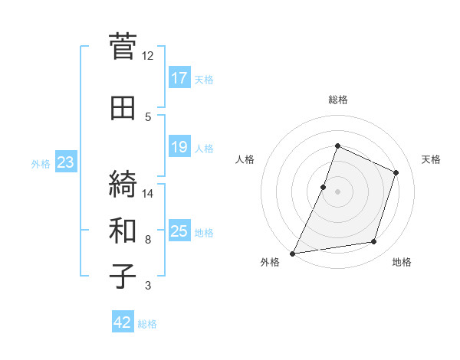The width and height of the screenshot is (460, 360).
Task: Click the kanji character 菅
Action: pyautogui.click(x=123, y=48)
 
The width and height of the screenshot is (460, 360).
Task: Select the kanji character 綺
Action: pyautogui.click(x=123, y=185)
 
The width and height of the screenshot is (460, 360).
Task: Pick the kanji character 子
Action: pyautogui.click(x=123, y=275)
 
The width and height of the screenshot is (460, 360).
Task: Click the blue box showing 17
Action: pyautogui.click(x=179, y=78)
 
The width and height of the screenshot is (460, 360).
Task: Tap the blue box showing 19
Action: pyautogui.click(x=179, y=147)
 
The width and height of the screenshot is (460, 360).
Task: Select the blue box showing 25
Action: pyautogui.click(x=179, y=231)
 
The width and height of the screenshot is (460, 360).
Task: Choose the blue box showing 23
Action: pyautogui.click(x=65, y=162)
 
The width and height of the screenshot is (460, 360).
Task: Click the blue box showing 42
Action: pyautogui.click(x=123, y=322)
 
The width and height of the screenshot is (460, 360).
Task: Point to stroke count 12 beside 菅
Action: pyautogui.click(x=147, y=56)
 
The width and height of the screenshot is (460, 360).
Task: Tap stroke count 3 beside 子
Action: pyautogui.click(x=147, y=286)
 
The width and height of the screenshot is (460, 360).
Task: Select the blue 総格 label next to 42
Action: pyautogui.click(x=147, y=324)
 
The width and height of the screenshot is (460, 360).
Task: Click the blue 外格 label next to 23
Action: pyautogui.click(x=41, y=163)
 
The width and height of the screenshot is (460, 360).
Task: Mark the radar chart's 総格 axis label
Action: pyautogui.click(x=337, y=100)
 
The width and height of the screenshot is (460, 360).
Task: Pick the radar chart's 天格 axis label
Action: pyautogui.click(x=431, y=159)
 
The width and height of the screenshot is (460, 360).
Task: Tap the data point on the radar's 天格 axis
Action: pyautogui.click(x=396, y=172)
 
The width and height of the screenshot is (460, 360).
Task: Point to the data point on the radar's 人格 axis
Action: pyautogui.click(x=324, y=187)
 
